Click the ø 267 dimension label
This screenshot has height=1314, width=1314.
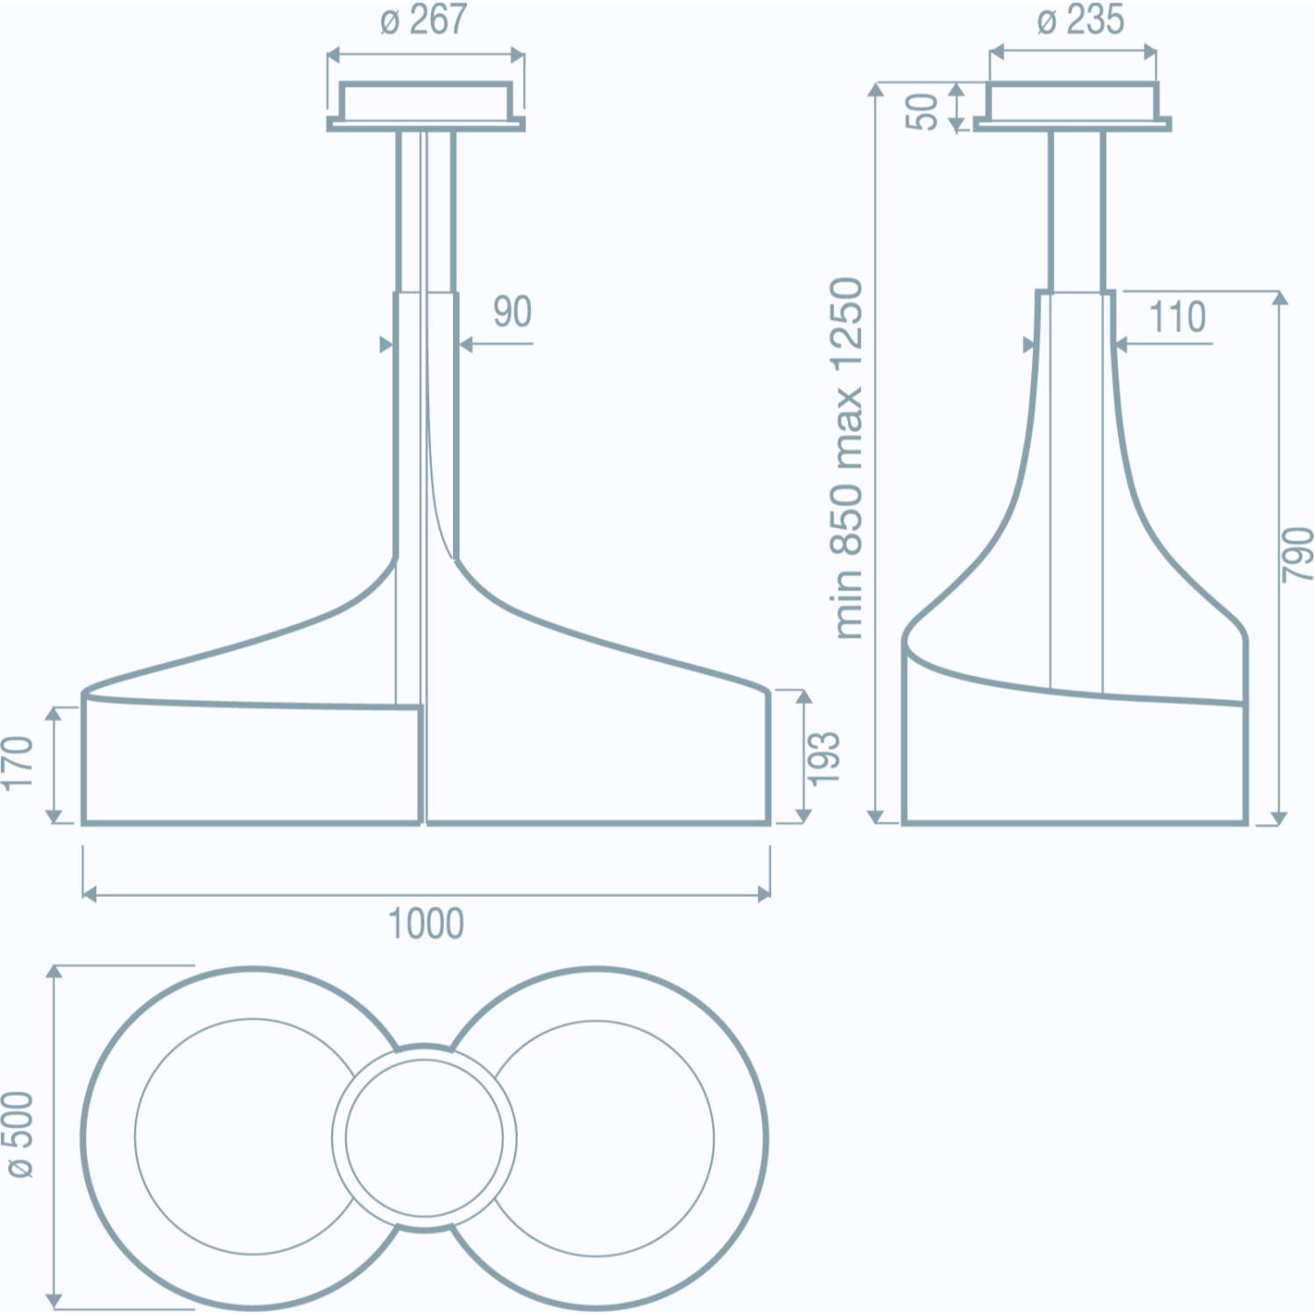click(424, 20)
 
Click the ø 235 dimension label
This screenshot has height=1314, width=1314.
click(1079, 20)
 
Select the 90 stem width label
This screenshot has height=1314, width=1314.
click(512, 312)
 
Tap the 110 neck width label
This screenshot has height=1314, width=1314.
click(1177, 317)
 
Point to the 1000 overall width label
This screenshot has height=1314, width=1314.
click(426, 924)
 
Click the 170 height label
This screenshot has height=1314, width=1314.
click(18, 763)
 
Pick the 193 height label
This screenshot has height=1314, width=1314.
click(824, 758)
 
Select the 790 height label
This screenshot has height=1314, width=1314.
click(1297, 554)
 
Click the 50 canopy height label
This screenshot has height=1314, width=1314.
click(922, 110)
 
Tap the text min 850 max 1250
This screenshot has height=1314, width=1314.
click(847, 457)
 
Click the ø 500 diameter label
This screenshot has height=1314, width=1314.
click(18, 1134)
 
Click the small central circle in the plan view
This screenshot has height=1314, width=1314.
click(424, 1137)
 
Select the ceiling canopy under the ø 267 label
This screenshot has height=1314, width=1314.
click(426, 106)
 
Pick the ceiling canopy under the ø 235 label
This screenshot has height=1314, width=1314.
click(1072, 106)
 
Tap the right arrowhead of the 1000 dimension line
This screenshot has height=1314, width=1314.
click(764, 894)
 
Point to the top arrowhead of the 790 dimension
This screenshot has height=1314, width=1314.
click(1279, 298)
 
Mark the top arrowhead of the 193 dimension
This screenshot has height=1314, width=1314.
click(804, 697)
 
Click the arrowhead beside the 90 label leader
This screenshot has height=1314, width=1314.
click(466, 344)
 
